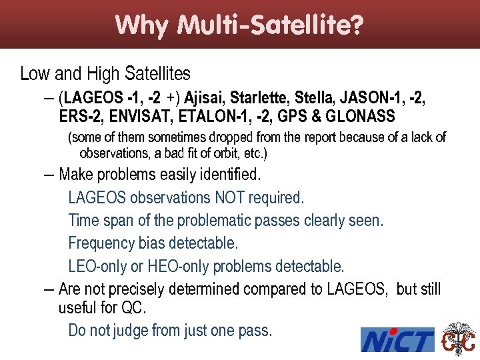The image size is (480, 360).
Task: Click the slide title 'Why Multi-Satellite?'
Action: point(239,25)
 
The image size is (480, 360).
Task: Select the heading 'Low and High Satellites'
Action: point(105,73)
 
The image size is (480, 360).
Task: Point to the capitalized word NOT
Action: point(229,198)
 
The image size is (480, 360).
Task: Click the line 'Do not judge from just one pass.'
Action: point(170,330)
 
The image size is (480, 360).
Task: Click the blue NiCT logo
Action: point(397,340)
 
